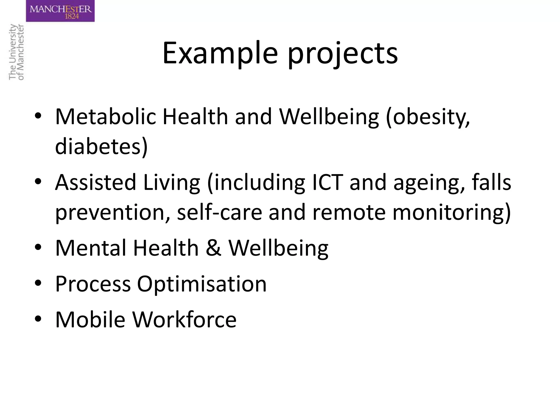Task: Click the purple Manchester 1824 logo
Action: (60, 11)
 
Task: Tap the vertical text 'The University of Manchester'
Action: (16, 52)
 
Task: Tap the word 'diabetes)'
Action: (101, 146)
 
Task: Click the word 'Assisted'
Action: (96, 182)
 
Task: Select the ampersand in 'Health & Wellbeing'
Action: (213, 248)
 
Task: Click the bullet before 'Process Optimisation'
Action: (38, 283)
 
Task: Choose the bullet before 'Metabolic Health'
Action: (38, 116)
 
